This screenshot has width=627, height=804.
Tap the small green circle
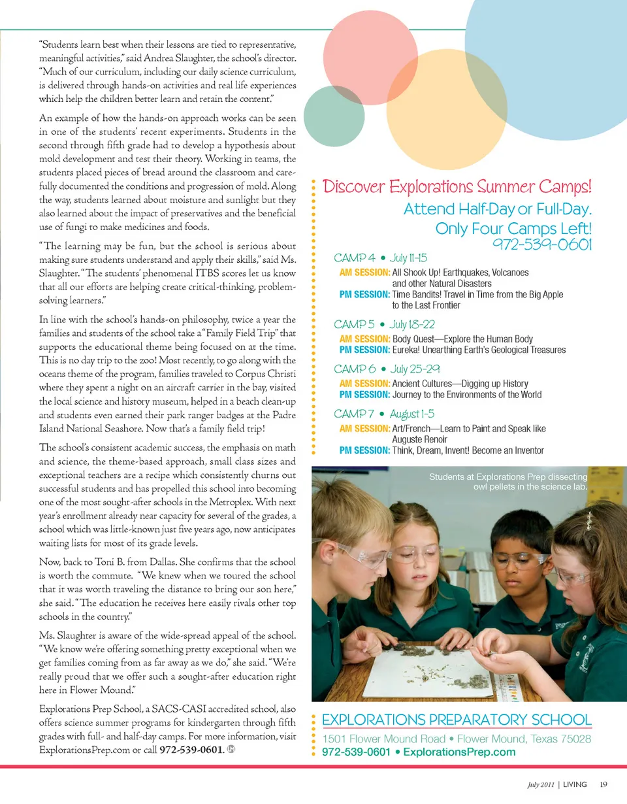pos(334,116)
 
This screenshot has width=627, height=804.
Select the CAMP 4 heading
pos(356,258)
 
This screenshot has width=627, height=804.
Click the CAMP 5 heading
pos(356,324)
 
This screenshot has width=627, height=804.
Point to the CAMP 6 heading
pos(356,369)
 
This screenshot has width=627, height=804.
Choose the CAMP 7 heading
pos(356,414)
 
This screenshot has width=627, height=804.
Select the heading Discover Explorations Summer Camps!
pos(458,186)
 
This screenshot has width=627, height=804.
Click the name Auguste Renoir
pos(419,439)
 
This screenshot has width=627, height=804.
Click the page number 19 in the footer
pos(603,784)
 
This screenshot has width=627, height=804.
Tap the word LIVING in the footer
pos(575,784)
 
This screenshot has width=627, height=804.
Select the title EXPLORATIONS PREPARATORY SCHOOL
pos(457,720)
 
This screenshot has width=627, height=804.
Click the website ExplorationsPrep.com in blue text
pos(459,752)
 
